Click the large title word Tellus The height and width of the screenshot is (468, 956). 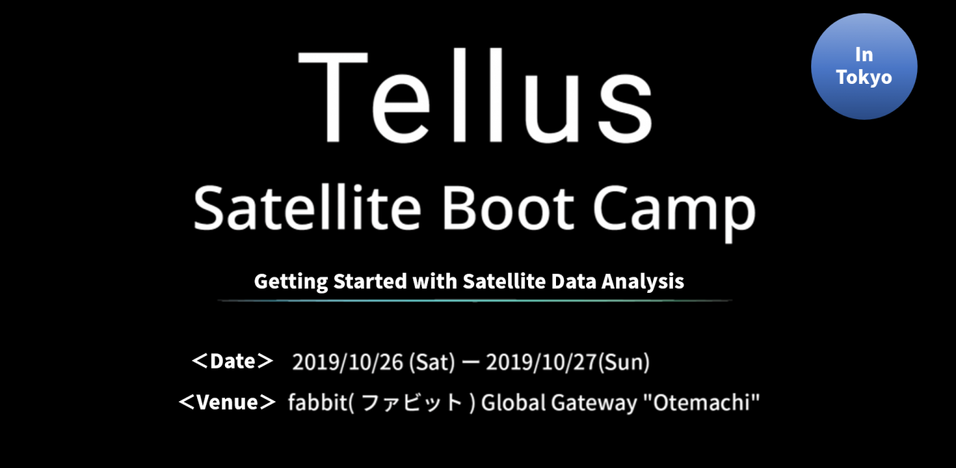click(x=475, y=96)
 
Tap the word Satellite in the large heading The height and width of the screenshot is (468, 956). click(x=307, y=208)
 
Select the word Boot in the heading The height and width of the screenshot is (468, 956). click(x=508, y=208)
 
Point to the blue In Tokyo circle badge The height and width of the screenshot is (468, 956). click(x=864, y=67)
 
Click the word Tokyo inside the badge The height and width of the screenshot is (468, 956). click(x=864, y=78)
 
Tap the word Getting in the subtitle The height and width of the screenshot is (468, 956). click(x=291, y=282)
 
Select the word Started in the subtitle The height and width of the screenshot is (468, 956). click(x=370, y=281)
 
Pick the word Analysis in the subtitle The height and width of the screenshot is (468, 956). click(x=643, y=282)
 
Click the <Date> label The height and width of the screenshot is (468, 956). click(x=232, y=361)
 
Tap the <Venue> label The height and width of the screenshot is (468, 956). click(x=227, y=403)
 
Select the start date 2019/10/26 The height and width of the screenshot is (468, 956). click(x=348, y=362)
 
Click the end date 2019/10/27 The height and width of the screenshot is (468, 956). click(x=541, y=362)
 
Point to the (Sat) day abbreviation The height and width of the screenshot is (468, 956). click(x=432, y=362)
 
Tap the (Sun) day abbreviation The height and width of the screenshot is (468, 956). click(x=624, y=362)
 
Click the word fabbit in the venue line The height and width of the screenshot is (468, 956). click(x=318, y=403)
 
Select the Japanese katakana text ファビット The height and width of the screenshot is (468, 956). click(x=413, y=403)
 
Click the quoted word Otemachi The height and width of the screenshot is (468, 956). click(x=702, y=403)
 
